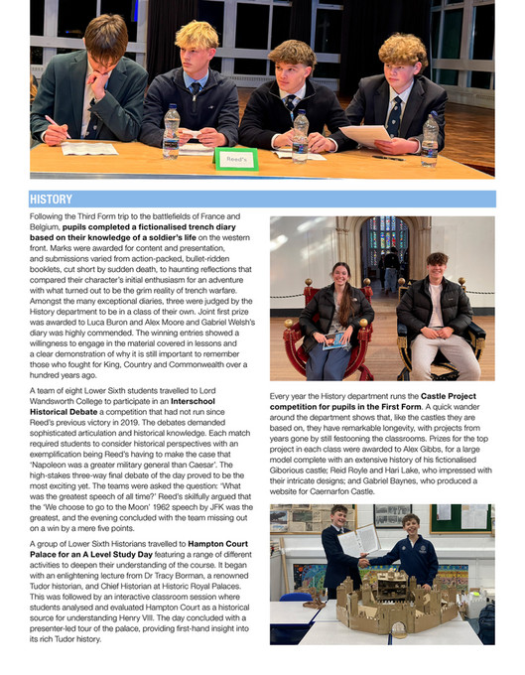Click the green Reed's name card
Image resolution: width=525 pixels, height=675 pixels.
(x=236, y=157)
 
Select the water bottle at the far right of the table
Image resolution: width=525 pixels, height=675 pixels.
(x=429, y=140)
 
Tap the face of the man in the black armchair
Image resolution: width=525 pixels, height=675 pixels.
(x=435, y=265)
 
